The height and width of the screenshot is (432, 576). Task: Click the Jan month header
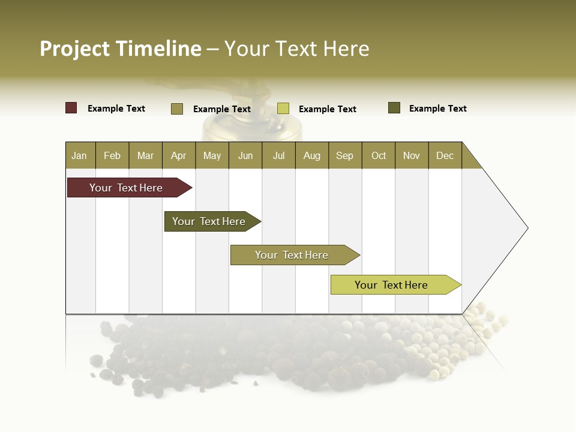click(x=79, y=155)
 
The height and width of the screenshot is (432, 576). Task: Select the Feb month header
click(x=112, y=155)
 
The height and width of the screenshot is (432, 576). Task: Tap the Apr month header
click(x=178, y=155)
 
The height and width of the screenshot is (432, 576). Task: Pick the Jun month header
click(x=245, y=155)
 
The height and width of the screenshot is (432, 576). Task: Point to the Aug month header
click(x=311, y=155)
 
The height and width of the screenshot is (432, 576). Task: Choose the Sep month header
click(x=344, y=155)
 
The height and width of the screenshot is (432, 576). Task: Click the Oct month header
click(x=379, y=155)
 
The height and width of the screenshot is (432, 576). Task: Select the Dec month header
click(x=445, y=155)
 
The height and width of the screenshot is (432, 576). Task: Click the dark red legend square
click(x=71, y=108)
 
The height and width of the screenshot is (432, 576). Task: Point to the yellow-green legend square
click(x=283, y=109)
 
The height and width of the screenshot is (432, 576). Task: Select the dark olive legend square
click(x=394, y=108)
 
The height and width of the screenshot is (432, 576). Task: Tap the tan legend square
click(x=177, y=109)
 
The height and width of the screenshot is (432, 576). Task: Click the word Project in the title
click(x=74, y=49)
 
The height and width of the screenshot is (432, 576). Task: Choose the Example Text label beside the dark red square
click(x=116, y=109)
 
